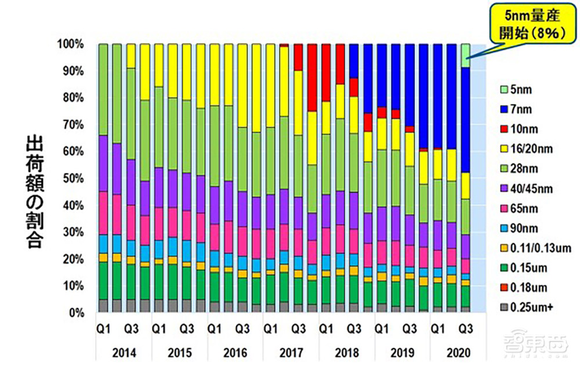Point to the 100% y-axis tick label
pos(72,44)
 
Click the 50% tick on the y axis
pos(74,179)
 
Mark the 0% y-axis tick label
pos(77,313)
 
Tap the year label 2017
pos(291,353)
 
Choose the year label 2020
pos(458,353)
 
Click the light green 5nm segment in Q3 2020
pos(466,55)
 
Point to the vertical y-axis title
pos(34,183)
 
